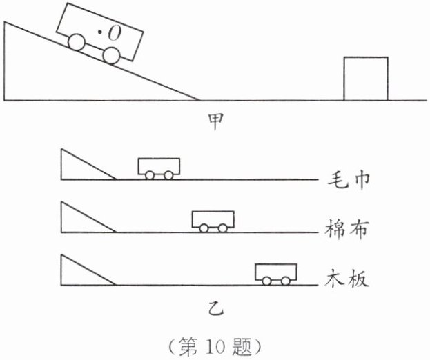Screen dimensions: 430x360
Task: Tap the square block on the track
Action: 366,79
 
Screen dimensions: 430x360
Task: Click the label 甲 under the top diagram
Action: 215,121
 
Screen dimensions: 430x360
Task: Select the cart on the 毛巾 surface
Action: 159,168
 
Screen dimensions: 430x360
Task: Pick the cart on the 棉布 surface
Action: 213,220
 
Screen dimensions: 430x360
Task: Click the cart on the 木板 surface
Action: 276,273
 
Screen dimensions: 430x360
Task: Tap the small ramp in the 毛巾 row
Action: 79,168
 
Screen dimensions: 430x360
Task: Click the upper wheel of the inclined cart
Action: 77,42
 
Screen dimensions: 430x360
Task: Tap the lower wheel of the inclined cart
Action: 111,55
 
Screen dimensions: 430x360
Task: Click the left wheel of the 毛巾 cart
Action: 150,175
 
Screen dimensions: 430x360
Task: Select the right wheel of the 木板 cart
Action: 286,281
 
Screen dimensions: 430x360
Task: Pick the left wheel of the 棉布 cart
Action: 204,228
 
